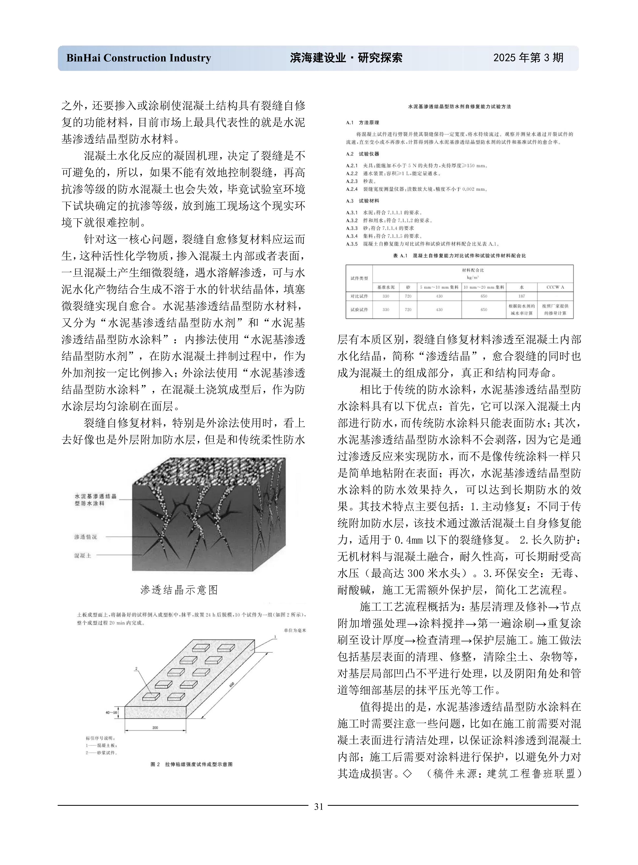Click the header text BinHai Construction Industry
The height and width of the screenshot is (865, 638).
(139, 58)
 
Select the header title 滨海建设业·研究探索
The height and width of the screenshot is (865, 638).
(346, 58)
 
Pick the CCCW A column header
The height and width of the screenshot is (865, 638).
(555, 287)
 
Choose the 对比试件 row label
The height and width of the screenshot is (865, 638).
(359, 296)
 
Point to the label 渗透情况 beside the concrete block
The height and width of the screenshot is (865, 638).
(86, 537)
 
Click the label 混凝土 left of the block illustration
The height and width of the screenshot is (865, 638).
(83, 556)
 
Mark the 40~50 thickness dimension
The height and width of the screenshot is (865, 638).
(111, 712)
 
